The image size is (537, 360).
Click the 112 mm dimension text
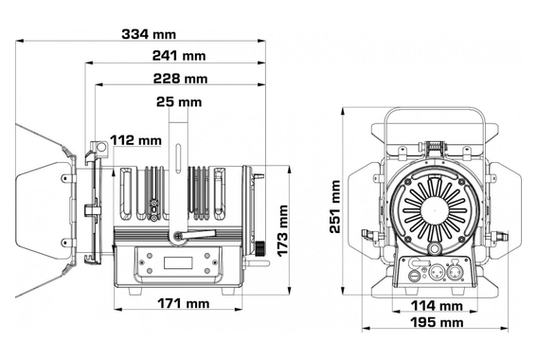(135, 140)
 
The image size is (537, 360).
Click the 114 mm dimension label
(437, 306)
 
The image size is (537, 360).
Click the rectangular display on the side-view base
(177, 262)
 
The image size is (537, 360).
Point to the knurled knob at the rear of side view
(260, 248)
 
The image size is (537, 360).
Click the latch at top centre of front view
(435, 148)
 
